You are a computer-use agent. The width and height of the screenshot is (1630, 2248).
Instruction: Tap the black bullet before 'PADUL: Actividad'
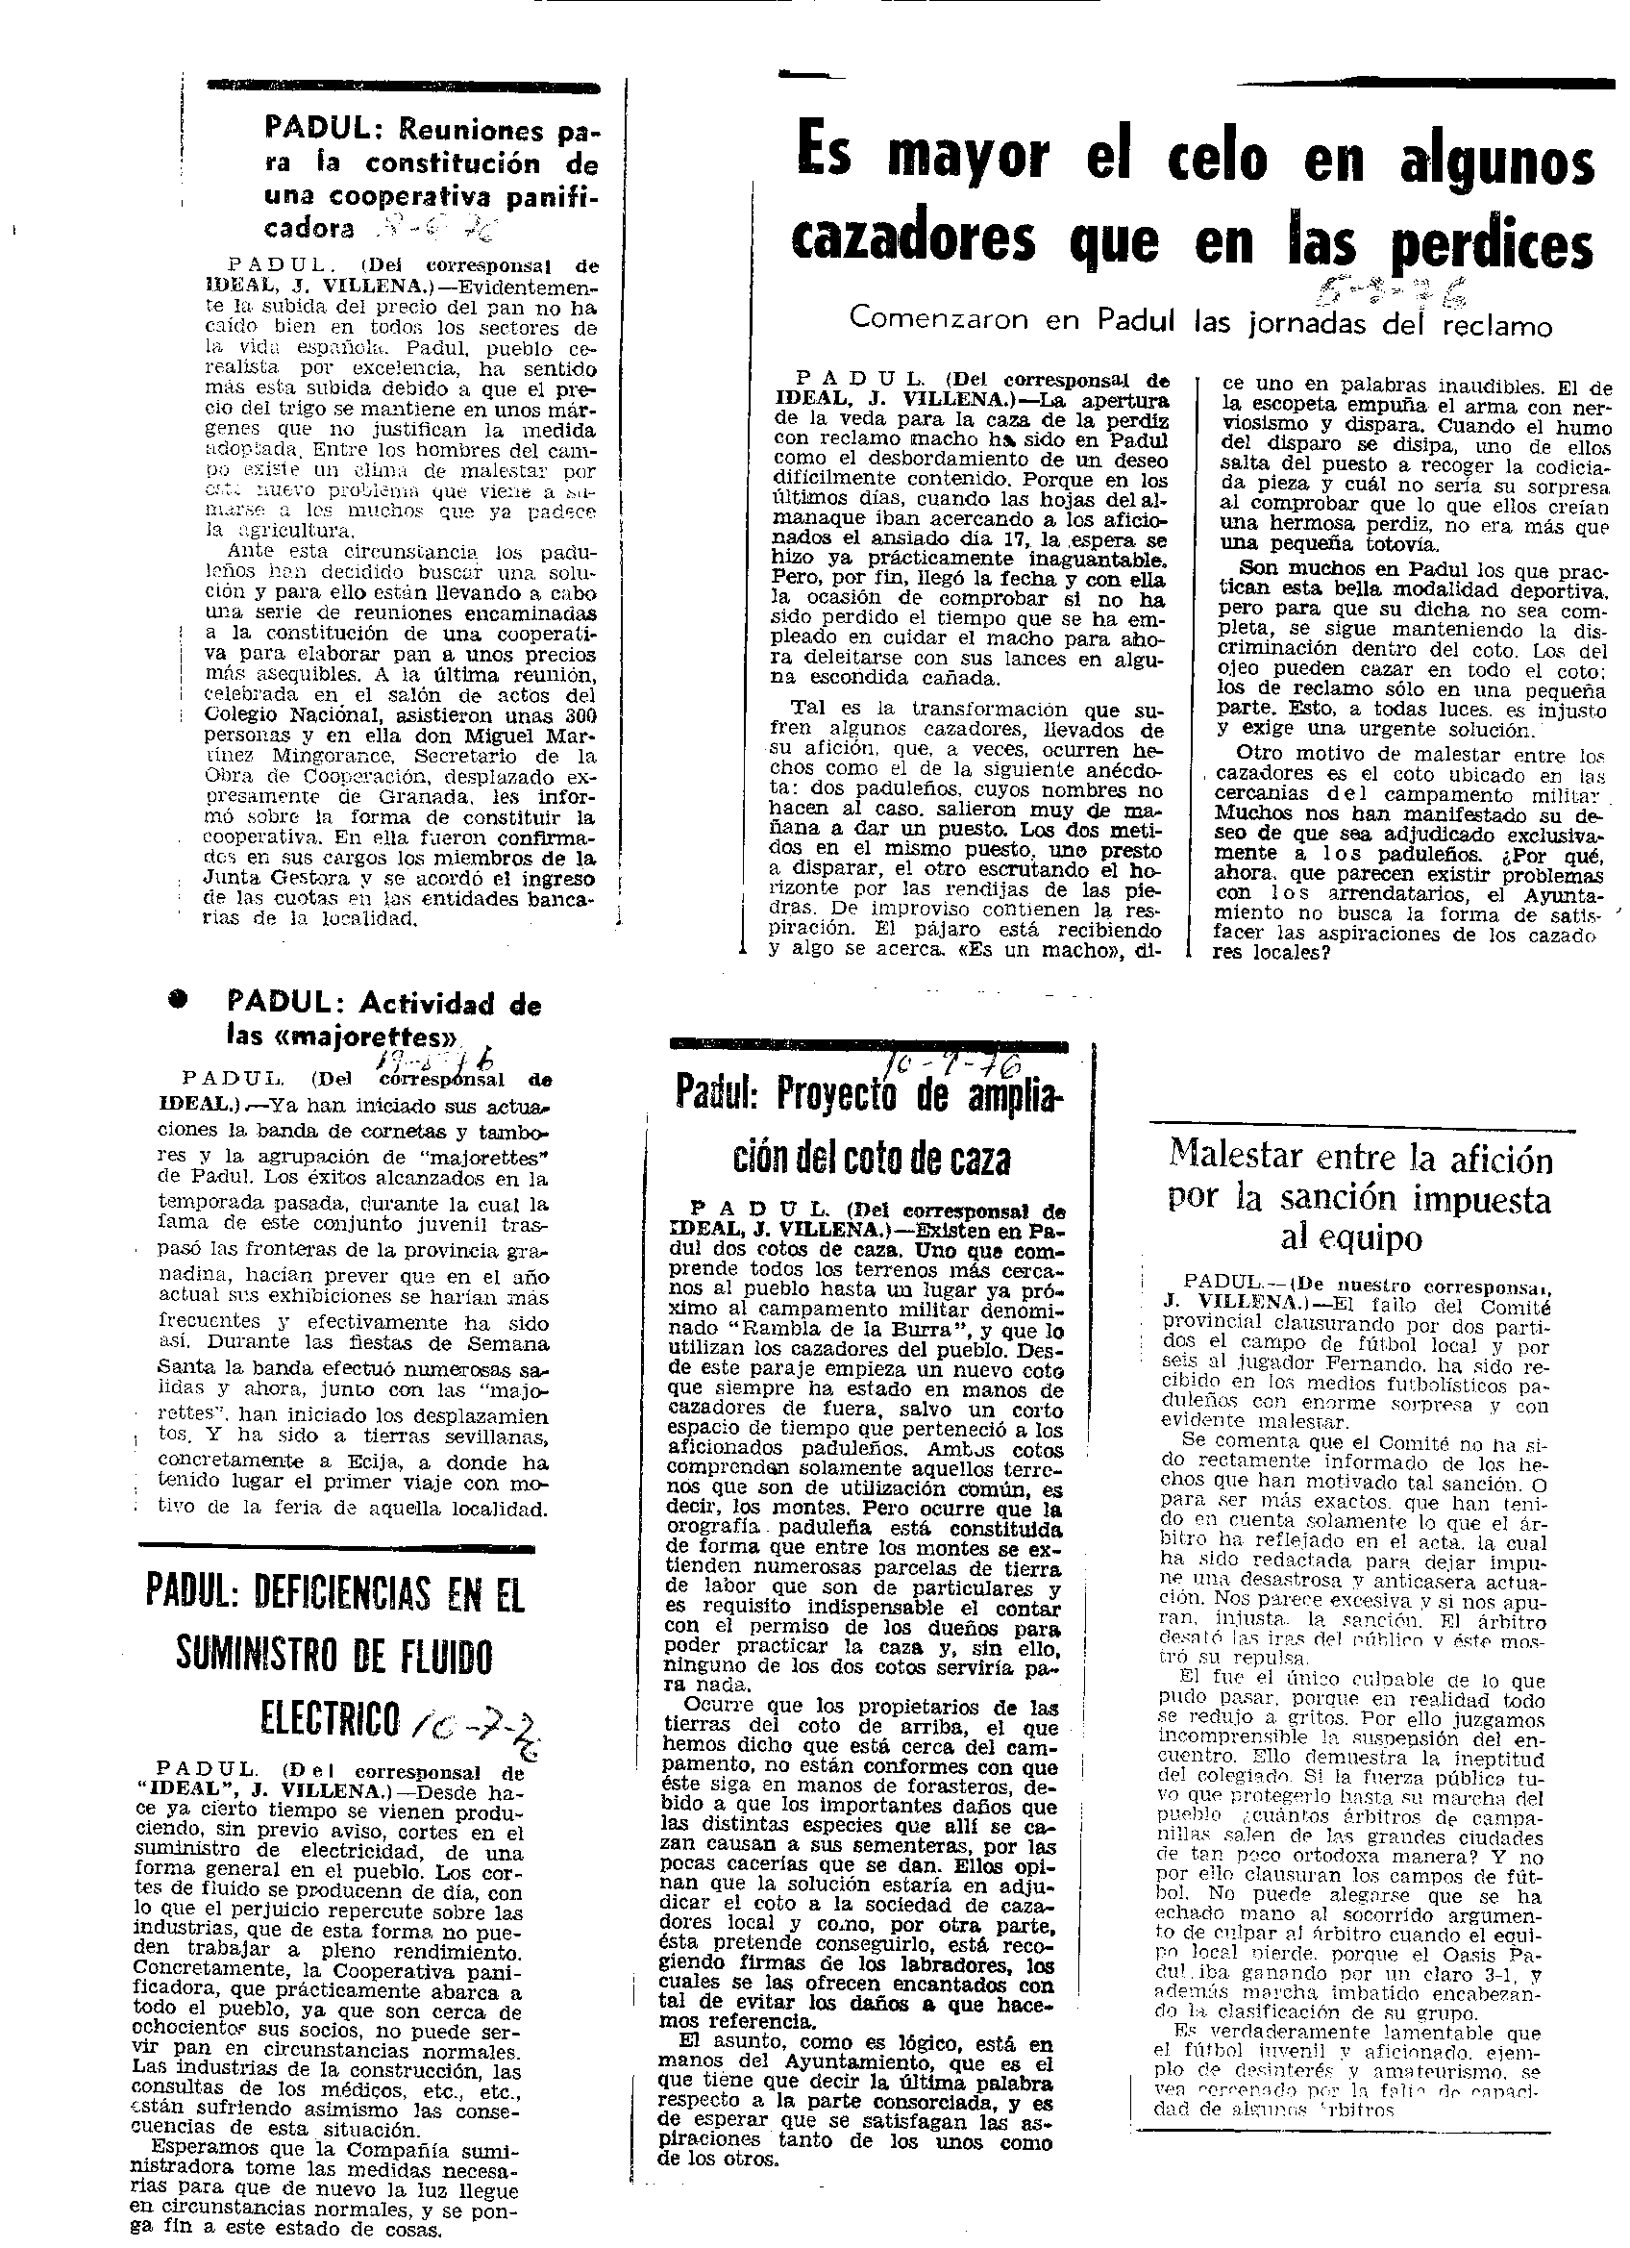point(179,1000)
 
